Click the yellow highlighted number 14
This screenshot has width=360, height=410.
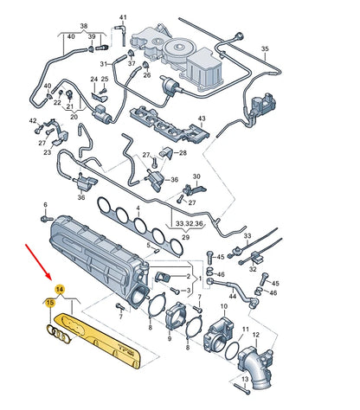click(x=59, y=289)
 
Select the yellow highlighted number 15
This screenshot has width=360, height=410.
click(x=50, y=303)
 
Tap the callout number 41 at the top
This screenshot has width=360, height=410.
click(x=123, y=18)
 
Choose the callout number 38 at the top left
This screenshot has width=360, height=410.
click(x=83, y=27)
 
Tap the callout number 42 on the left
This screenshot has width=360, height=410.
click(x=33, y=121)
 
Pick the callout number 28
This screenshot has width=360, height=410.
click(x=183, y=153)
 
